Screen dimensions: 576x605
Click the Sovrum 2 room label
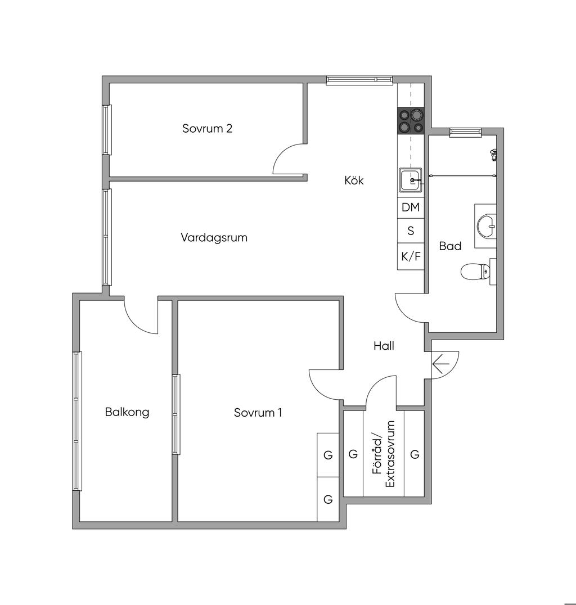tap(208, 128)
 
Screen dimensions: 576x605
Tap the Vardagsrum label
tap(214, 237)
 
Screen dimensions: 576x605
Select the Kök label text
tap(354, 180)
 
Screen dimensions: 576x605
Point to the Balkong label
tap(127, 412)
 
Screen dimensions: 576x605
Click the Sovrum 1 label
tap(258, 413)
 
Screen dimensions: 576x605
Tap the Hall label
tap(384, 345)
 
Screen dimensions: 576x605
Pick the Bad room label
tap(450, 246)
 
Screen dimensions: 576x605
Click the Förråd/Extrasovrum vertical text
tap(384, 454)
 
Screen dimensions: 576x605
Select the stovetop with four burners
tap(411, 121)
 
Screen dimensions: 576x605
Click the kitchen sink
tap(411, 180)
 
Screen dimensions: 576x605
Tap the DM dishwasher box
tap(411, 207)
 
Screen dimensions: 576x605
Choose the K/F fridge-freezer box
tap(411, 256)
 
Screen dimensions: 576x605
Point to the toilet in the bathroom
tap(475, 272)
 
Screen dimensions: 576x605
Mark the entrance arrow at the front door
tap(441, 364)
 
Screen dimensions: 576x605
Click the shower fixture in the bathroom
tap(493, 154)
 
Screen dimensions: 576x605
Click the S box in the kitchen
tap(411, 231)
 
